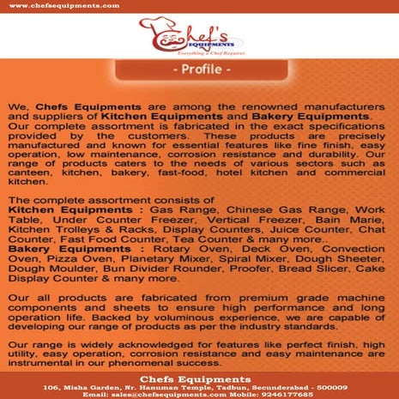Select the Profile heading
pyautogui.click(x=199, y=69)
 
